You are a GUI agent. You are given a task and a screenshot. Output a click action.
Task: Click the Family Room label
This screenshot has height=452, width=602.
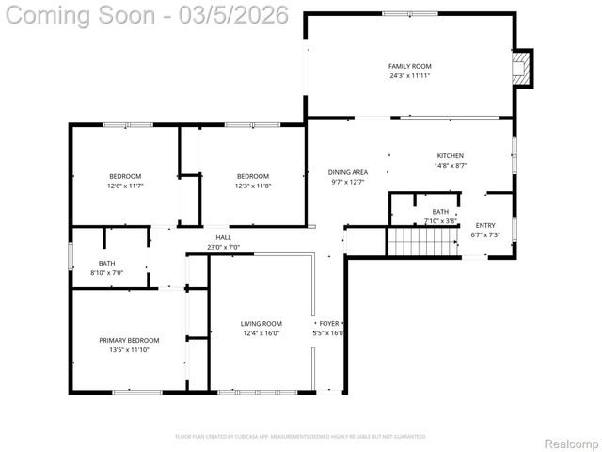(x=409, y=66)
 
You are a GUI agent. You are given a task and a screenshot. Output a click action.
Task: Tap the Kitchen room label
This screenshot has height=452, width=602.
(x=450, y=155)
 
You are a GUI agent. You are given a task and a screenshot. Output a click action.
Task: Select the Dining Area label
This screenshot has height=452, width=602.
(x=347, y=172)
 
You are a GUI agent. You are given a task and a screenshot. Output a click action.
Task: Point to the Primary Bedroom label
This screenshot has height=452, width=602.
(x=130, y=340)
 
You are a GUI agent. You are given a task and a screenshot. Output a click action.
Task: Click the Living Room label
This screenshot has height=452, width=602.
(x=261, y=323)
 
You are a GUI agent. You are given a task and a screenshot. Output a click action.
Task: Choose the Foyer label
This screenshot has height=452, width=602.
(x=328, y=323)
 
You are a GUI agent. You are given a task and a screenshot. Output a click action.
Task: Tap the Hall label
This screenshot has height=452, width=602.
(x=223, y=237)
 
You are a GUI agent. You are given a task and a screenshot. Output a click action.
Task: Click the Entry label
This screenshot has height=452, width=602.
(x=485, y=225)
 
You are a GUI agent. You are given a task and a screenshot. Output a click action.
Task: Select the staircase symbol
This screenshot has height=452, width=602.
(x=414, y=241)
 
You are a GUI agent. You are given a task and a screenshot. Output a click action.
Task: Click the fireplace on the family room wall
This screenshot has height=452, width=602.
(x=520, y=68)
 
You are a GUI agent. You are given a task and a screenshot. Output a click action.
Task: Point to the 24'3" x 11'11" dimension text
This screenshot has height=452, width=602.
(x=409, y=75)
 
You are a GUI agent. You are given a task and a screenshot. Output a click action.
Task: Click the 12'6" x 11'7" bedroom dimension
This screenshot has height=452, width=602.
(x=125, y=186)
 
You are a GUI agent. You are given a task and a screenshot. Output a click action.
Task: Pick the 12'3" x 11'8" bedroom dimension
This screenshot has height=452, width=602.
(x=252, y=186)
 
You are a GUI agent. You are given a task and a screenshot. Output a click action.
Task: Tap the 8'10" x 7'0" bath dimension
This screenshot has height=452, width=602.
(x=106, y=272)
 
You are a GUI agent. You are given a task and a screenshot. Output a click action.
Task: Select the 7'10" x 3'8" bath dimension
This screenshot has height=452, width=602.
(x=440, y=221)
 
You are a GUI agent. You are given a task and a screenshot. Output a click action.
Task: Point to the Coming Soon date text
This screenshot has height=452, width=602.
(x=114, y=16)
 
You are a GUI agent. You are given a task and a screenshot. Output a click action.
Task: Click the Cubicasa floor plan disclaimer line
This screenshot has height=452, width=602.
(x=301, y=437)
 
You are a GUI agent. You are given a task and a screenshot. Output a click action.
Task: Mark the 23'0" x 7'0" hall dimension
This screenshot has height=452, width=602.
(x=223, y=247)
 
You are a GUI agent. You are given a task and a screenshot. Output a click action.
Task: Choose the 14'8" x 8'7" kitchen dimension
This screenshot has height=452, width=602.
(x=450, y=165)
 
